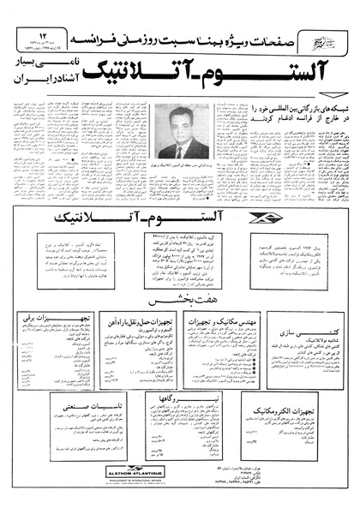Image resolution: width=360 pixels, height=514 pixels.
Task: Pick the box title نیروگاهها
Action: point(177,400)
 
